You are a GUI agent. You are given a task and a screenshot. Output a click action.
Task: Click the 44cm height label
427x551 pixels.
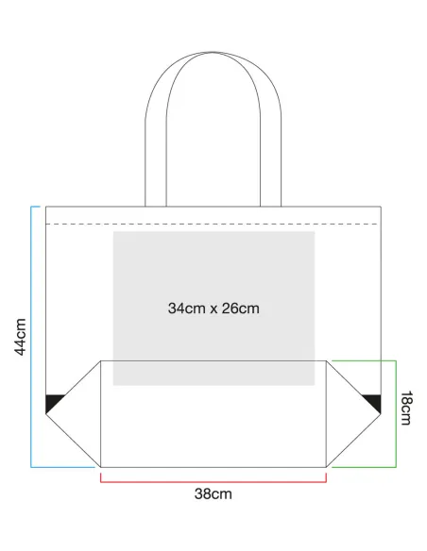[21, 337]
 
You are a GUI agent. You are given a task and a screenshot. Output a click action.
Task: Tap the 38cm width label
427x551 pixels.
[213, 494]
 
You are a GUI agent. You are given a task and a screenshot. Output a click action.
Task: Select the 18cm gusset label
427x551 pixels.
[406, 408]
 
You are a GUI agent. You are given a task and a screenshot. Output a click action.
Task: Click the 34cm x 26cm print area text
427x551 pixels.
[213, 309]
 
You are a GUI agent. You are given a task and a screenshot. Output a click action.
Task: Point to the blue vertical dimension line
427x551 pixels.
[31, 337]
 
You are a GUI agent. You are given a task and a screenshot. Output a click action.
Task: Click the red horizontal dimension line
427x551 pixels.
[213, 482]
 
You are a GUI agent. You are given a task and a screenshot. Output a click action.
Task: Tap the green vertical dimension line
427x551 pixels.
[396, 414]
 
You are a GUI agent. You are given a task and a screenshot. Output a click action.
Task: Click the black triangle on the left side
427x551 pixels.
[52, 403]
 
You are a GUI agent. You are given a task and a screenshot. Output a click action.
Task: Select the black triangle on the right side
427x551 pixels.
[374, 403]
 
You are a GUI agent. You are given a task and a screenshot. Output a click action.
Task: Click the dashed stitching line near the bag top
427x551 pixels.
[213, 224]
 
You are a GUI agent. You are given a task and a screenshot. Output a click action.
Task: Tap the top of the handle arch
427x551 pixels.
[213, 52]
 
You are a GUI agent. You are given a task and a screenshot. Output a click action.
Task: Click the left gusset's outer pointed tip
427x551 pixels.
[46, 414]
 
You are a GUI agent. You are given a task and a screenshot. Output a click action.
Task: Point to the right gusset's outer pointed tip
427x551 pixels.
[381, 414]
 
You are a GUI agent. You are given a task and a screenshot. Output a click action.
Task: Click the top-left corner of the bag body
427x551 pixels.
[46, 207]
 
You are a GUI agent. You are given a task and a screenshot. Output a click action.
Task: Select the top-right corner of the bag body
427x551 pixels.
[381, 207]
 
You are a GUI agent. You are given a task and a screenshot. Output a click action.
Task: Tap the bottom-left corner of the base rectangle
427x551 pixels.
[100, 467]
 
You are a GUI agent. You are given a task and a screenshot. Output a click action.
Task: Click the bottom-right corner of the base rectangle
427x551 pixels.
[327, 467]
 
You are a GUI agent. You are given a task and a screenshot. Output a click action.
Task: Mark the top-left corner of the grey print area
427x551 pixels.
[113, 231]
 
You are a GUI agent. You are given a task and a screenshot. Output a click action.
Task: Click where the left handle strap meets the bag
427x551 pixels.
[156, 207]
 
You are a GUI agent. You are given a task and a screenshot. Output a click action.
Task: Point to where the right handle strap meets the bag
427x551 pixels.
[271, 207]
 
